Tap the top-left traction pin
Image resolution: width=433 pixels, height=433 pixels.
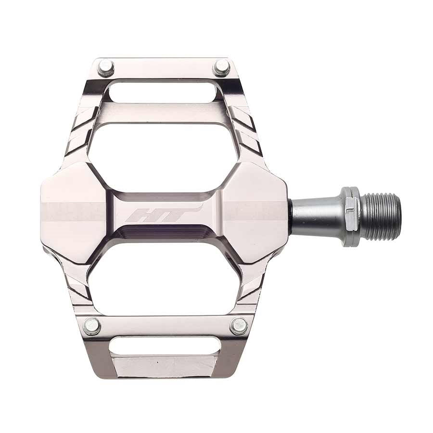[105, 67]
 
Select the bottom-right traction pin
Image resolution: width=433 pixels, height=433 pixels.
[239, 326]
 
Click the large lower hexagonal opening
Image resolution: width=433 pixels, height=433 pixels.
[164, 279]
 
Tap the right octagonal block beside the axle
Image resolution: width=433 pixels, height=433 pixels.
[255, 212]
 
